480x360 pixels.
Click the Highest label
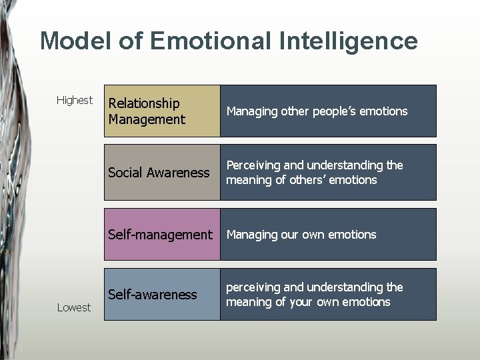pyautogui.click(x=75, y=100)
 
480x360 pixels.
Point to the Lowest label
pyautogui.click(x=74, y=307)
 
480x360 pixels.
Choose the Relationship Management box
pyautogui.click(x=162, y=111)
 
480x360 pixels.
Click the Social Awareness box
pyautogui.click(x=162, y=172)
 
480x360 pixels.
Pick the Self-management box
pyautogui.click(x=162, y=234)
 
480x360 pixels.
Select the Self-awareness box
pyautogui.click(x=162, y=294)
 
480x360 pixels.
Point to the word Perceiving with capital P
pyautogui.click(x=253, y=165)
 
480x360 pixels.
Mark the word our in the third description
pyautogui.click(x=290, y=235)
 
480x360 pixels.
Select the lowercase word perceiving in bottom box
pyautogui.click(x=253, y=287)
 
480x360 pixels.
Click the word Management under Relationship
pyautogui.click(x=147, y=119)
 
